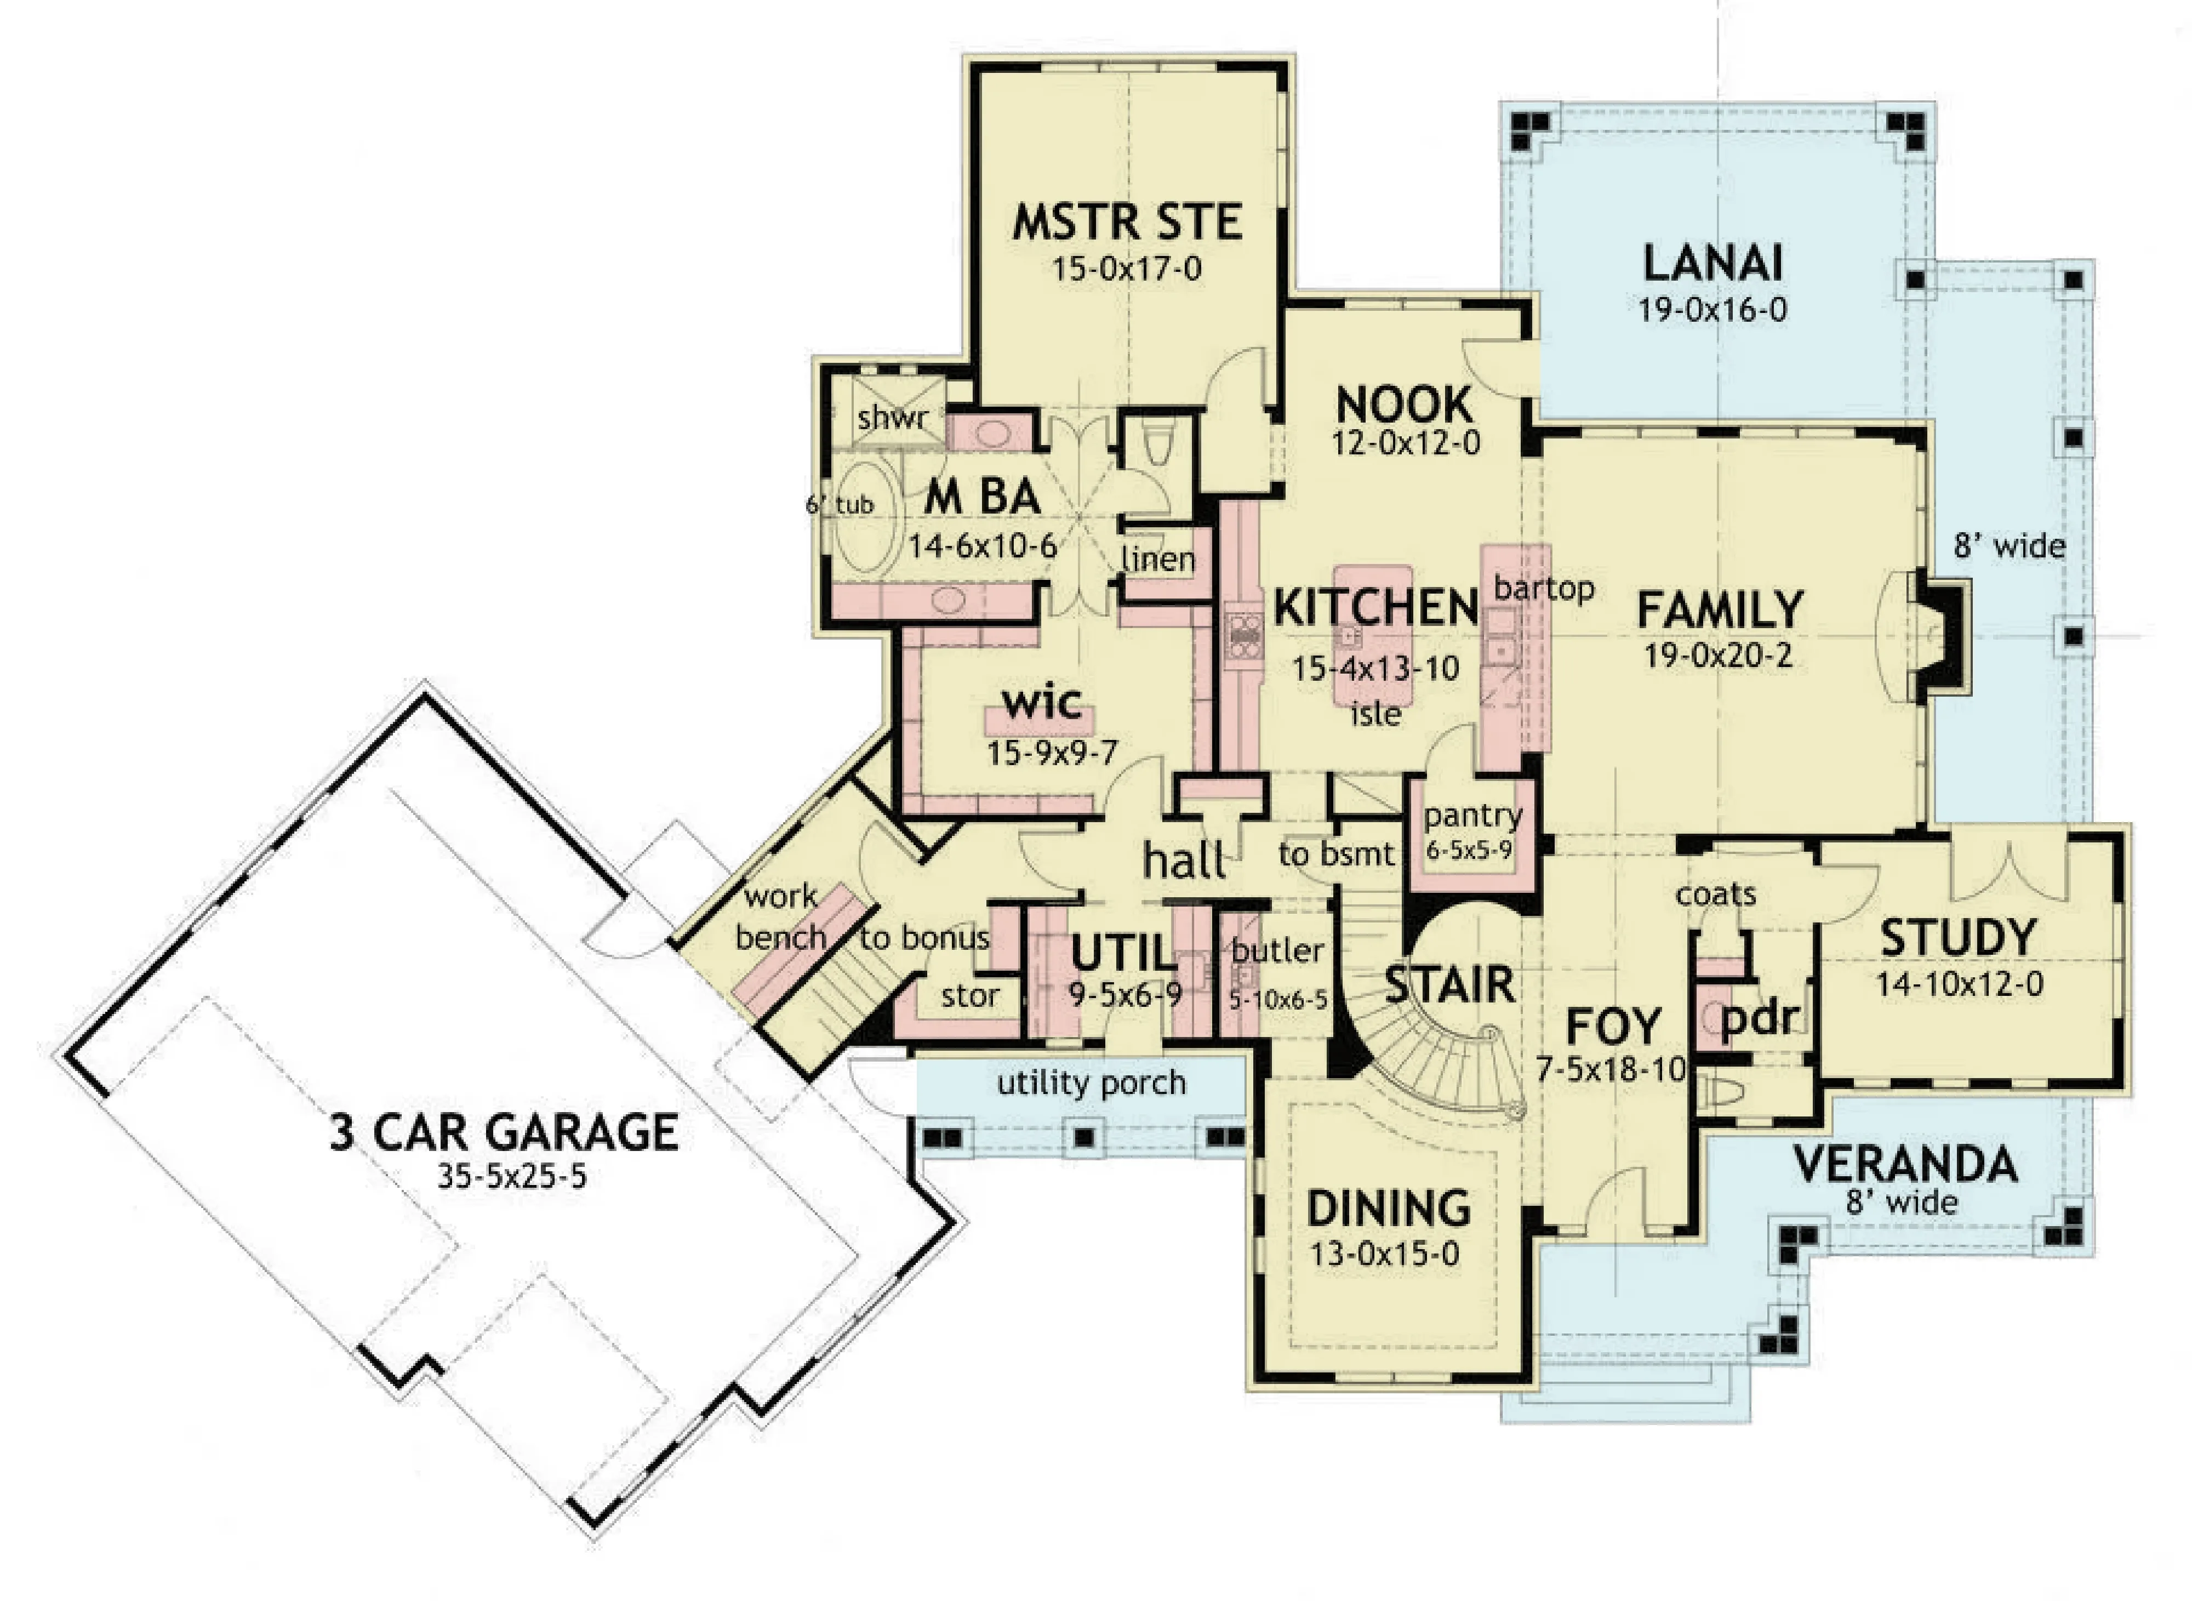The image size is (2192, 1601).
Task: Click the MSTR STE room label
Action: (x=1127, y=222)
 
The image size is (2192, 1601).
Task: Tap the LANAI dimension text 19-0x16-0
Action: (x=1713, y=310)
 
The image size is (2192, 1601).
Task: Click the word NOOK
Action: (x=1404, y=404)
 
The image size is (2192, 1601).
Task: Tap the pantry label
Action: (x=1472, y=816)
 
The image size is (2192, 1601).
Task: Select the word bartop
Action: (x=1544, y=588)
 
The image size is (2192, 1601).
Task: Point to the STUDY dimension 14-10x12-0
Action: (x=1960, y=984)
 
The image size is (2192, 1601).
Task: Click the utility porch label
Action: (x=1091, y=1082)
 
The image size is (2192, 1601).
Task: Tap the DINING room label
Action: (x=1389, y=1209)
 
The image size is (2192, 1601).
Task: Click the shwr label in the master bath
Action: (x=892, y=419)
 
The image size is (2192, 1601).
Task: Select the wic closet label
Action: (x=1042, y=702)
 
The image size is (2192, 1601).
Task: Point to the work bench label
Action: (x=781, y=917)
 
